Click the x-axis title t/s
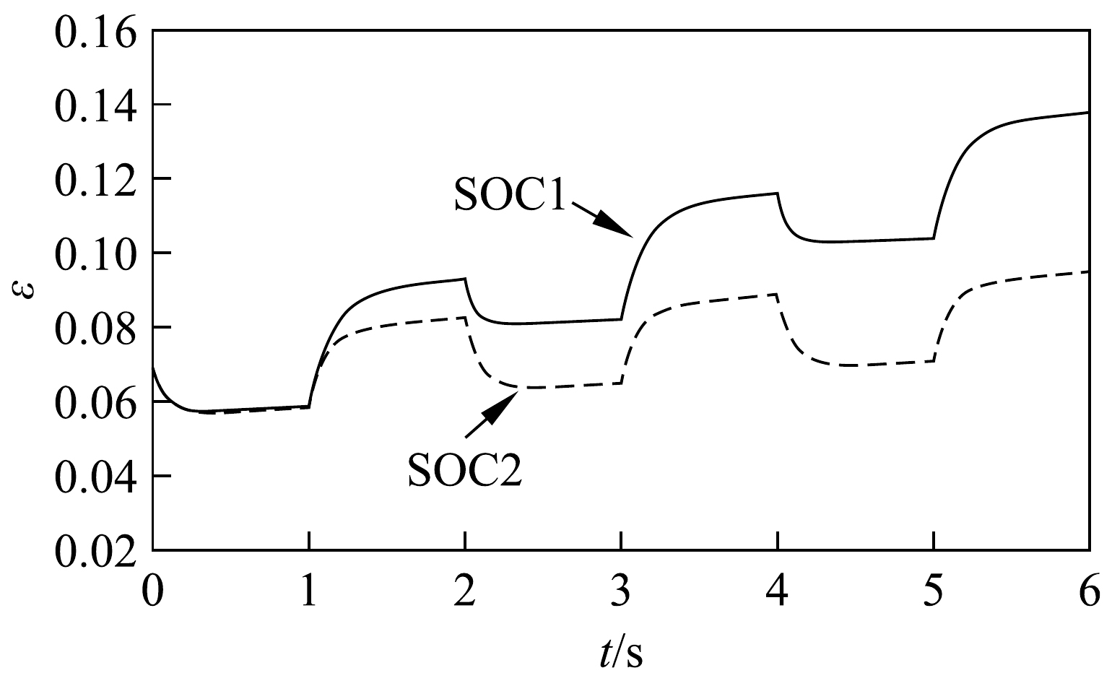620,636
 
